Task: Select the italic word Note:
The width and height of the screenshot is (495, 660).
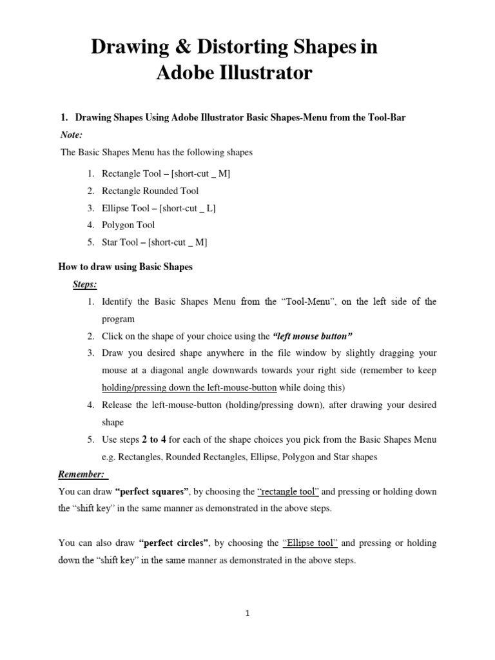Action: tap(71, 135)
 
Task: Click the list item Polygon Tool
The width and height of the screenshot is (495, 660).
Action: tap(128, 225)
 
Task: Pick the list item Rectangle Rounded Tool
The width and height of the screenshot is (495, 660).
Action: tap(150, 191)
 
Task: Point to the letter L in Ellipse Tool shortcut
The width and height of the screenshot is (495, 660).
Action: tap(211, 208)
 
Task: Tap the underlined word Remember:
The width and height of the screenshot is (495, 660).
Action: tap(82, 474)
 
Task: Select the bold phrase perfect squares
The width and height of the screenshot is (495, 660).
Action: tap(152, 492)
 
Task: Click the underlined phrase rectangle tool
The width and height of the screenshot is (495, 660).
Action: tap(288, 492)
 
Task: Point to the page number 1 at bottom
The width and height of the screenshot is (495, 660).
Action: tap(247, 614)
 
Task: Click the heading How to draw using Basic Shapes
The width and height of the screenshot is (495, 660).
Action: tap(126, 267)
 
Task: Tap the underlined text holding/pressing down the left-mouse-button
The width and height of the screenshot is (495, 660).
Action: tap(189, 387)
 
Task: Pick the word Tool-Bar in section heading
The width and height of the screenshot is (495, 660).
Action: tap(385, 118)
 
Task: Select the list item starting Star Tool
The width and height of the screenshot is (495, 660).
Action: tap(154, 242)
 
